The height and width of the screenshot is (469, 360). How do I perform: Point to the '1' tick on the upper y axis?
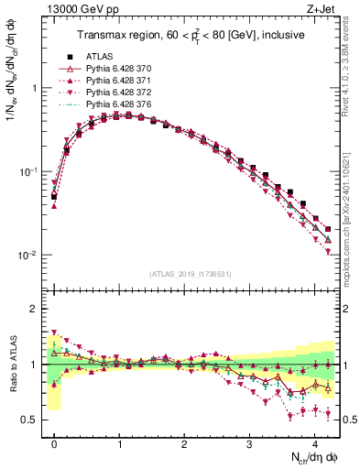[x=34, y=89]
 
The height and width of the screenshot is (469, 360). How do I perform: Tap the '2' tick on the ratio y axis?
[x=34, y=309]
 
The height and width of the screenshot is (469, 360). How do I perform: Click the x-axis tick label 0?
[x=54, y=443]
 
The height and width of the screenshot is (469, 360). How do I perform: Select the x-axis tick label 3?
[x=249, y=443]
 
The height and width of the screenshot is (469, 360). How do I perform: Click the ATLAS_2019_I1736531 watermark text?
[x=191, y=274]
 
